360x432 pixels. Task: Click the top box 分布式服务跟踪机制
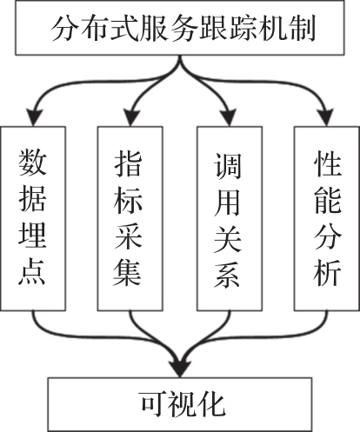click(x=180, y=28)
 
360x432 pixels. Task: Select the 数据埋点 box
click(x=33, y=219)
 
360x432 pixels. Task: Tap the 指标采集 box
click(x=130, y=219)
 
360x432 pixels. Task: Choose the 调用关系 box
click(x=230, y=219)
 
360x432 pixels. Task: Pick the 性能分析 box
click(x=327, y=219)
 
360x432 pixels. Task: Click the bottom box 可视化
click(x=180, y=404)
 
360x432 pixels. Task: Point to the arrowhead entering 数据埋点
click(x=34, y=117)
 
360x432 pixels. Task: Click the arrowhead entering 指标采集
click(x=131, y=117)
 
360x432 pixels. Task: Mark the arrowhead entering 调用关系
click(x=229, y=117)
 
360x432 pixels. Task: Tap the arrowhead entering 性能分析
click(x=326, y=117)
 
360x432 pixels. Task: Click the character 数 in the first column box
click(x=32, y=163)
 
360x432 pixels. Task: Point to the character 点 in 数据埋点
click(x=32, y=272)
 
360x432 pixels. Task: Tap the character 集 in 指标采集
click(x=128, y=273)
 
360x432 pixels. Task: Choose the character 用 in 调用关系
click(x=227, y=203)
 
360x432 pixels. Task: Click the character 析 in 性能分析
click(x=327, y=272)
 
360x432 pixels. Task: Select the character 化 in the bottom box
click(x=211, y=404)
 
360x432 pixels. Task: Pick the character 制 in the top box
click(x=302, y=29)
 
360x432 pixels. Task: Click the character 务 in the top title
click(x=182, y=29)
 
